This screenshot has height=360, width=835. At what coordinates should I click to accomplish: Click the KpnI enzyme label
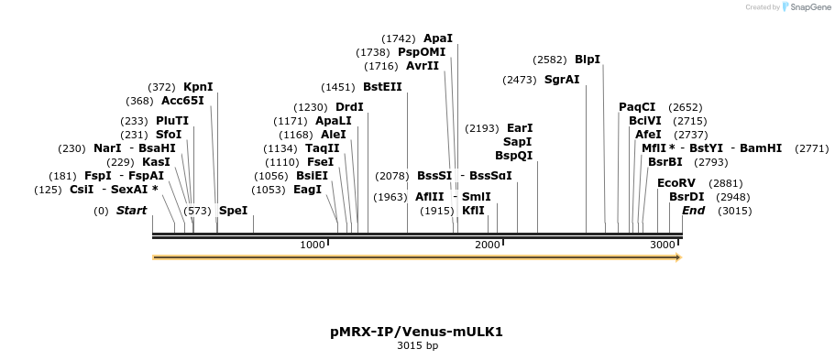[198, 87]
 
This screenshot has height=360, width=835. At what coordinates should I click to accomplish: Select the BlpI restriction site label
[588, 60]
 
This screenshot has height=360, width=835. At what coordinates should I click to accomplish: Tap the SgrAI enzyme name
[562, 80]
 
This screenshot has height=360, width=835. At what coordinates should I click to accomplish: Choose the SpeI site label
[233, 211]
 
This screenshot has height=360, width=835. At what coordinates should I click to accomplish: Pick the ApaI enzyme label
[438, 38]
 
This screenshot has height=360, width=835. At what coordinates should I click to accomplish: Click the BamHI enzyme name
[761, 147]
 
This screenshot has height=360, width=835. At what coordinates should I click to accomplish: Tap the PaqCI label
[637, 107]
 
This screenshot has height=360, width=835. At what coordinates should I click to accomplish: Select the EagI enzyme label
[307, 190]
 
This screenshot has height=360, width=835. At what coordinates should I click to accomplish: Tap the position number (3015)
[735, 211]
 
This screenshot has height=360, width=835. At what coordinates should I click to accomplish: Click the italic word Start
[131, 211]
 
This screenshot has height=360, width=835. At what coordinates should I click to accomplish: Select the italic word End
[694, 211]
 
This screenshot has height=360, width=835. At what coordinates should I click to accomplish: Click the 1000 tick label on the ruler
[313, 245]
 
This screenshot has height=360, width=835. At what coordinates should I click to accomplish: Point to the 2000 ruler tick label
[488, 245]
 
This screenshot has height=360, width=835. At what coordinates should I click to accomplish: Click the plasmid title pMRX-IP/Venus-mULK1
[416, 332]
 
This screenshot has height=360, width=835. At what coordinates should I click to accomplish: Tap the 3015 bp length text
[416, 346]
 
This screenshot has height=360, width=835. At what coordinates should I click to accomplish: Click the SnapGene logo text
[807, 7]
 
